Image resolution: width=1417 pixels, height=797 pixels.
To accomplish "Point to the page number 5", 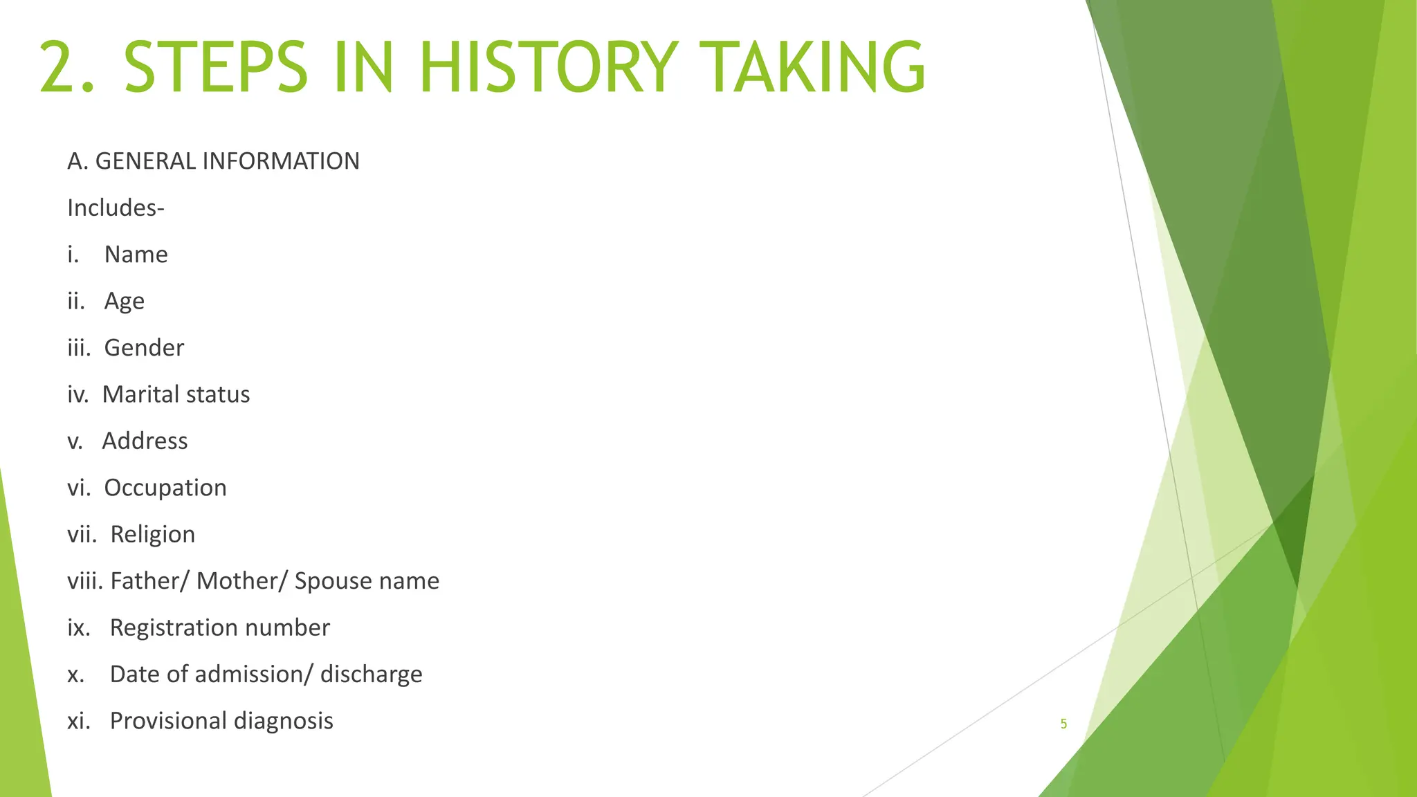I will [1063, 724].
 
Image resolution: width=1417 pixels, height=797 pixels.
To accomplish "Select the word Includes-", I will [116, 208].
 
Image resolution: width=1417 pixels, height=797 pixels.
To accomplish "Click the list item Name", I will [136, 255].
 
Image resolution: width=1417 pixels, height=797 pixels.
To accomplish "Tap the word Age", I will [125, 302].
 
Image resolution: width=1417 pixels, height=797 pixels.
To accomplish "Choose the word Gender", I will [144, 348].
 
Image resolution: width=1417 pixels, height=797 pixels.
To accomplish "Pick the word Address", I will [145, 441].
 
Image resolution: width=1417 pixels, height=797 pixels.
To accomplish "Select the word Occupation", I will [165, 488].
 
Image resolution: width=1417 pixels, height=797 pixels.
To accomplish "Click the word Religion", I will [152, 535].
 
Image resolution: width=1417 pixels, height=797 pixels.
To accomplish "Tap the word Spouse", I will [324, 581].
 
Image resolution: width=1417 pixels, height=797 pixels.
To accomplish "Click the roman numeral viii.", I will [85, 581].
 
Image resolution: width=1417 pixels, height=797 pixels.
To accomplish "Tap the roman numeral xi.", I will [78, 721].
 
